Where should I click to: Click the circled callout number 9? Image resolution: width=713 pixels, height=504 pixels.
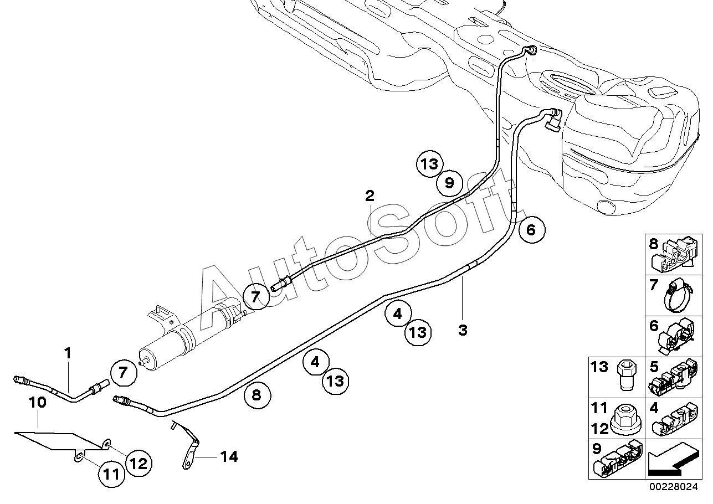pyautogui.click(x=449, y=183)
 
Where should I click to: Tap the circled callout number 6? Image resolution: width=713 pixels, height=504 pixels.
pyautogui.click(x=532, y=230)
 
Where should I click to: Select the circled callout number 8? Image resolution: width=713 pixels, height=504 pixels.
pyautogui.click(x=257, y=395)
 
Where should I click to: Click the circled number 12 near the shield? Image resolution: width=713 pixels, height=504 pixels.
pyautogui.click(x=139, y=464)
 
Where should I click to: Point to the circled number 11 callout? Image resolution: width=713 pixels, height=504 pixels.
pyautogui.click(x=111, y=475)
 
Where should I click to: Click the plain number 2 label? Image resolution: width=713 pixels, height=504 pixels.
pyautogui.click(x=370, y=196)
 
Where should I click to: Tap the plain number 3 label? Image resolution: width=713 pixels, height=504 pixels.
pyautogui.click(x=463, y=330)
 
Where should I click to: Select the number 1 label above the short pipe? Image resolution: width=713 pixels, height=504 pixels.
pyautogui.click(x=68, y=353)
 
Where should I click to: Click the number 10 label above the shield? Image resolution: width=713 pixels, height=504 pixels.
pyautogui.click(x=38, y=403)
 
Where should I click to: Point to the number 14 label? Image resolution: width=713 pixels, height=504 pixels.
pyautogui.click(x=229, y=457)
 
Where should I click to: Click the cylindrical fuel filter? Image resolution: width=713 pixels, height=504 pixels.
pyautogui.click(x=191, y=333)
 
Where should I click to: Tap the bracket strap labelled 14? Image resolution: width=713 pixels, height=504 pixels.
pyautogui.click(x=188, y=445)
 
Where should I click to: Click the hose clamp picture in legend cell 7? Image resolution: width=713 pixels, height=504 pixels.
pyautogui.click(x=678, y=296)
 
